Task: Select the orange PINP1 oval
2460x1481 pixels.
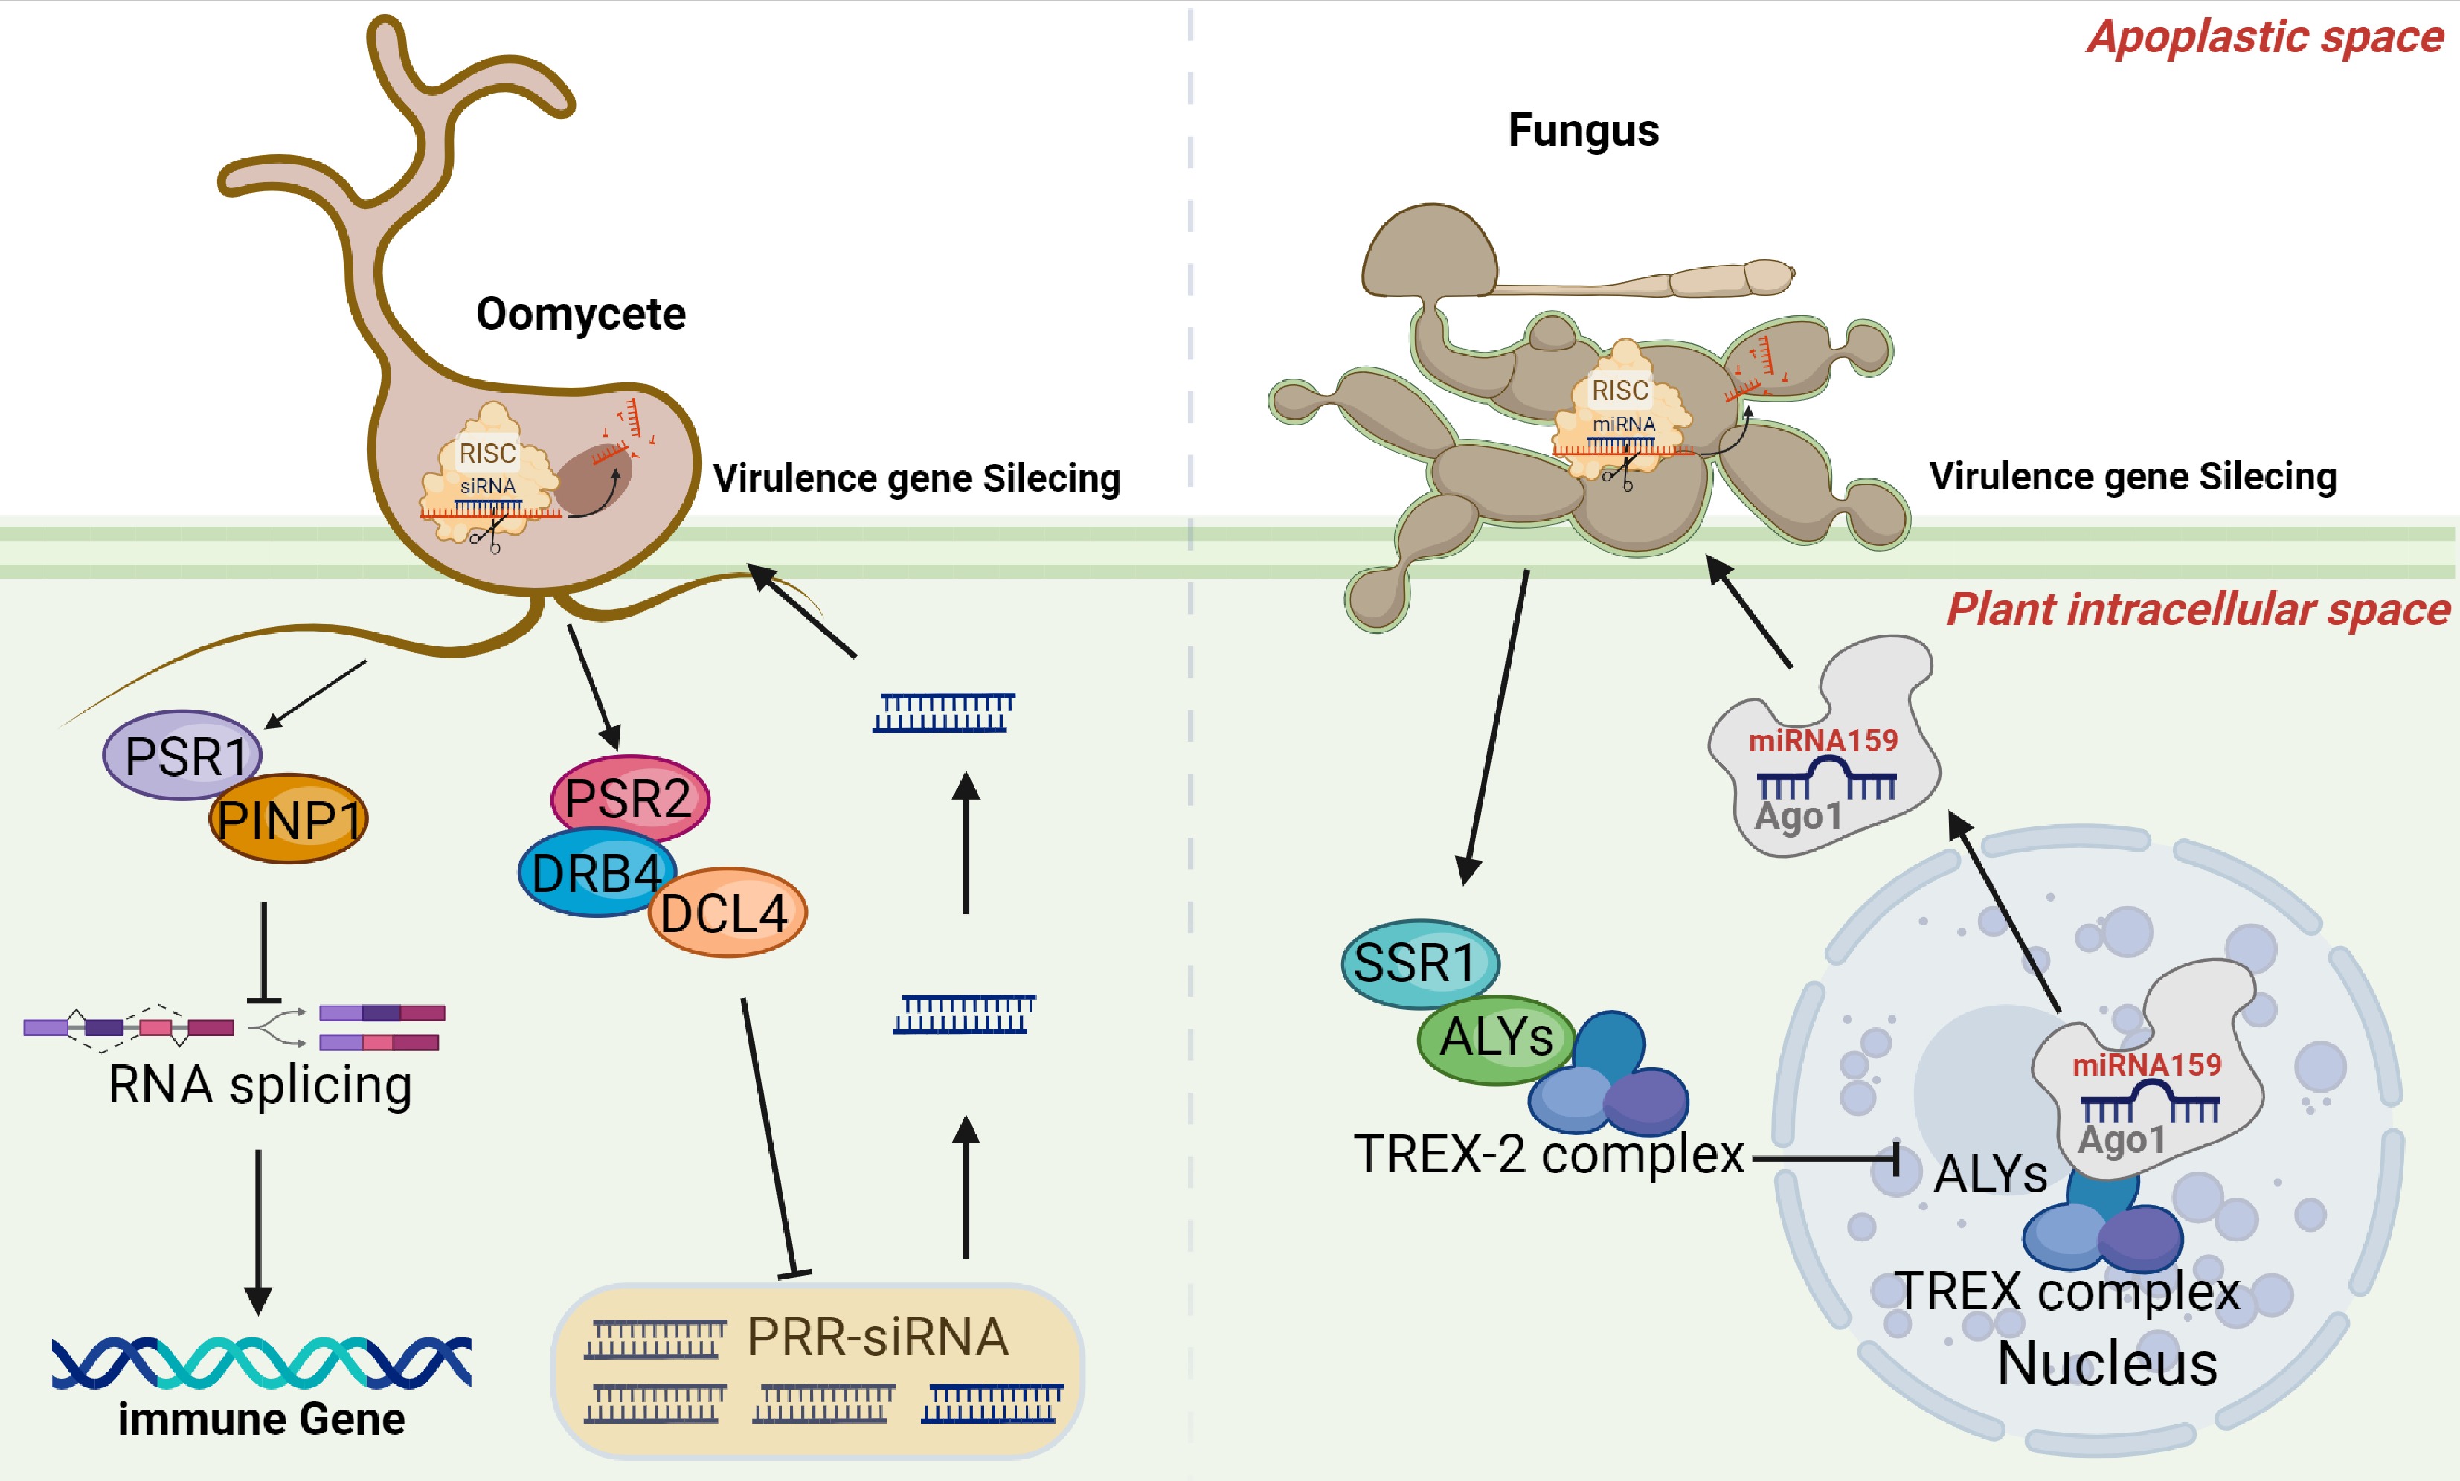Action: (289, 819)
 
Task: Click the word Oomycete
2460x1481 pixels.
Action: (581, 315)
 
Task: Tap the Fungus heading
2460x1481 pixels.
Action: (1583, 131)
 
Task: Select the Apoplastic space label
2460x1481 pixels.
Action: (2264, 38)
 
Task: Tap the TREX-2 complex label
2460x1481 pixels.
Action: (1548, 1154)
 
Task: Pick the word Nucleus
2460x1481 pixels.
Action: (2107, 1364)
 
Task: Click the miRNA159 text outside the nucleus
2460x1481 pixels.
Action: (1822, 741)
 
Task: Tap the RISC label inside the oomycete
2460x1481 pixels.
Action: (487, 454)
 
